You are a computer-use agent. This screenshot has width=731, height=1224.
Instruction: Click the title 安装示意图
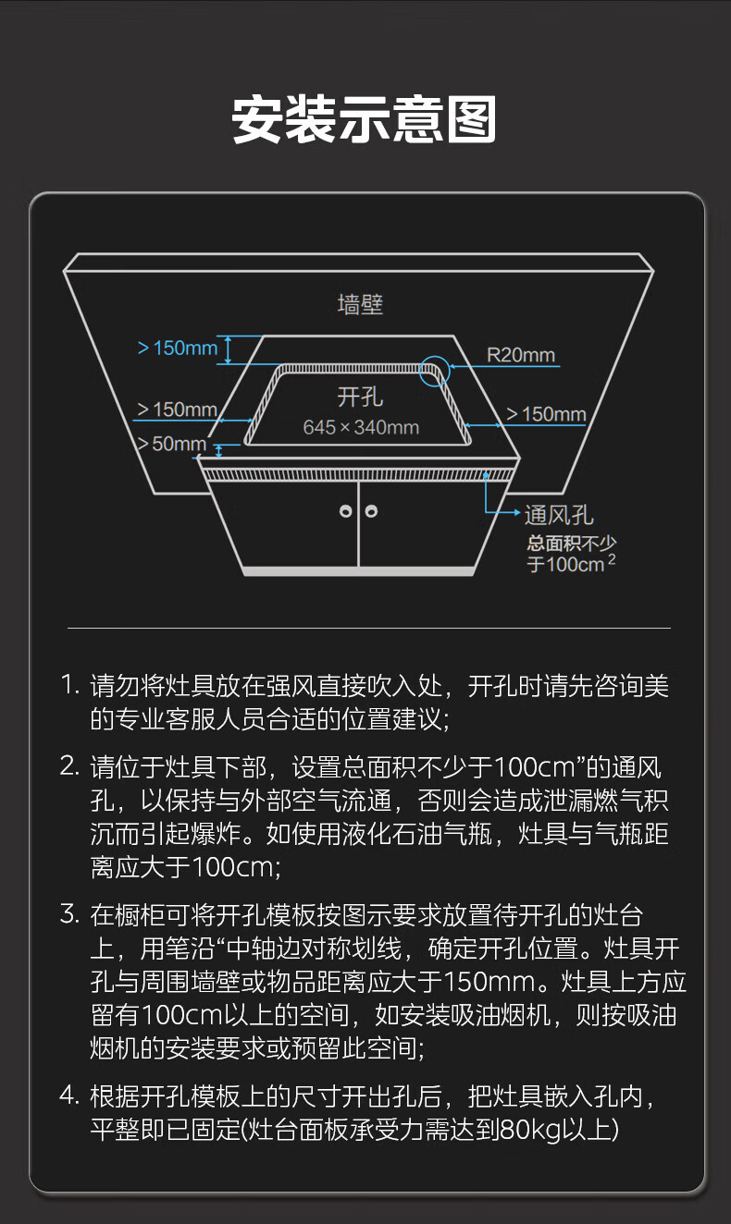(x=365, y=120)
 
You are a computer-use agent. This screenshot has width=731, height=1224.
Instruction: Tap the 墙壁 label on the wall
(x=360, y=303)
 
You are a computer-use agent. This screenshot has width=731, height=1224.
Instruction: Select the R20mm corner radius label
(x=520, y=355)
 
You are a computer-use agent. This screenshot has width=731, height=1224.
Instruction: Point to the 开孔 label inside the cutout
(x=360, y=398)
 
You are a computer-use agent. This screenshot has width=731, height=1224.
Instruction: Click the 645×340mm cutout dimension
(x=361, y=427)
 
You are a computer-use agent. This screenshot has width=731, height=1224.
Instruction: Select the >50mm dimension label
(x=172, y=444)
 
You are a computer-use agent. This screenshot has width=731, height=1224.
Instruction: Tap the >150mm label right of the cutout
(x=546, y=414)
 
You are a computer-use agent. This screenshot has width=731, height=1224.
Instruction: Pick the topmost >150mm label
(x=178, y=349)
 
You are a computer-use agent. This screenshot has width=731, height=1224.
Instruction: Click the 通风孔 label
(x=559, y=515)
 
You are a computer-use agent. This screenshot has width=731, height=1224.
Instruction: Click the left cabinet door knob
(x=346, y=510)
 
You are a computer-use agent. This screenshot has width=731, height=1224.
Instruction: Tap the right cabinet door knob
(x=371, y=510)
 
